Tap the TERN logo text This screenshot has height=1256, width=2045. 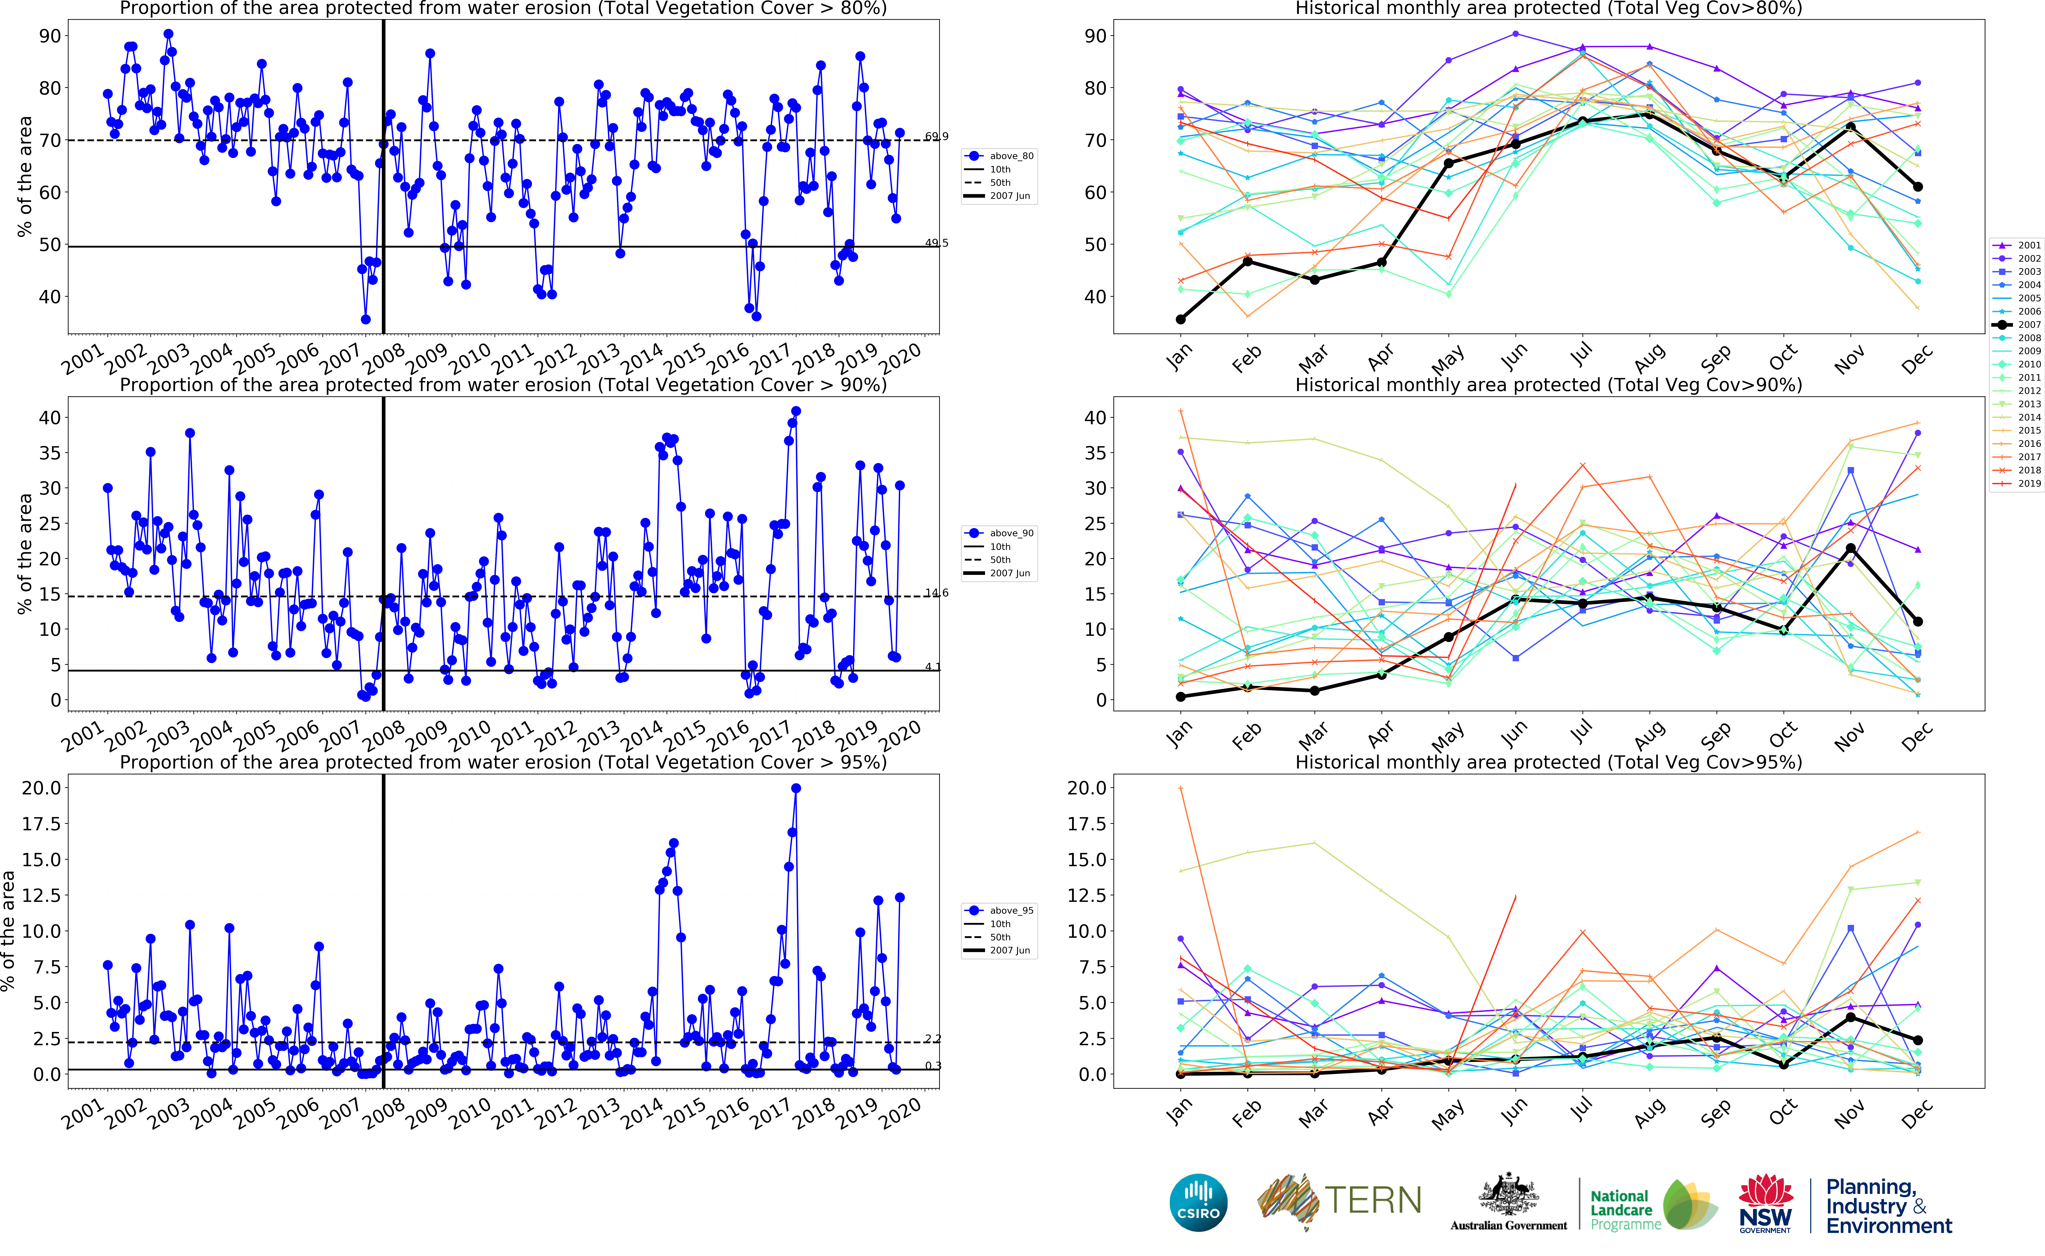1372,1200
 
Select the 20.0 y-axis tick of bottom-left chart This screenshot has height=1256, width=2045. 42,787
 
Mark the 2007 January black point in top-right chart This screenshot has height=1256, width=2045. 1180,319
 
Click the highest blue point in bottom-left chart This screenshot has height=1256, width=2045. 796,788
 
